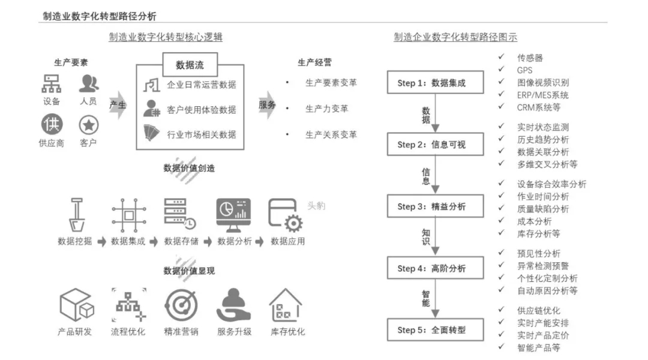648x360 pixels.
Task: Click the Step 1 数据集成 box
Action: pyautogui.click(x=435, y=83)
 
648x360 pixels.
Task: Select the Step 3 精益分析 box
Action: pyautogui.click(x=435, y=206)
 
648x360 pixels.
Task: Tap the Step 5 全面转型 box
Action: pyautogui.click(x=435, y=330)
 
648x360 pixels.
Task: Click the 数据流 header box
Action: pyautogui.click(x=190, y=65)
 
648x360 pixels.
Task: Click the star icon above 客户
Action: pyautogui.click(x=88, y=125)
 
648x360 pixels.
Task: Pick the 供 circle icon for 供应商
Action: pyautogui.click(x=52, y=125)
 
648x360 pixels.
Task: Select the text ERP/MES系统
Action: pyautogui.click(x=542, y=95)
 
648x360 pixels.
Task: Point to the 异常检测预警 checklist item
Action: pyautogui.click(x=542, y=266)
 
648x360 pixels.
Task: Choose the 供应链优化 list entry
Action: pyautogui.click(x=538, y=310)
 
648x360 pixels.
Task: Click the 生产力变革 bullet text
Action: pyautogui.click(x=326, y=109)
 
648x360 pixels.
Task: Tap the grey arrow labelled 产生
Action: pyautogui.click(x=119, y=105)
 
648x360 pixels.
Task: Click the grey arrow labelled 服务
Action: pyautogui.click(x=268, y=105)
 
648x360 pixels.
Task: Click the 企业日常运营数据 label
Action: pyautogui.click(x=201, y=85)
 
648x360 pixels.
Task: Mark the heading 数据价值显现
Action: pyautogui.click(x=189, y=271)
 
